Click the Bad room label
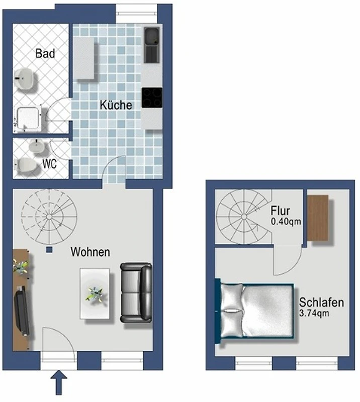tap(45, 53)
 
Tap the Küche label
tap(116, 105)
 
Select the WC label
tap(49, 164)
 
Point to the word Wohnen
tap(91, 252)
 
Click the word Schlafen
tap(321, 303)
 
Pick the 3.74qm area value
tap(314, 313)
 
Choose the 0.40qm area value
tap(286, 221)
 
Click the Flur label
tap(280, 211)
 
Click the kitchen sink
tap(152, 45)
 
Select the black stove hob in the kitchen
tap(152, 97)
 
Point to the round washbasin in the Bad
tap(24, 79)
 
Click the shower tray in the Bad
tap(28, 119)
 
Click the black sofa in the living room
tap(136, 292)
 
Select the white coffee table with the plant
tap(95, 293)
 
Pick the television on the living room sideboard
tap(22, 311)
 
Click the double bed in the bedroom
tap(254, 311)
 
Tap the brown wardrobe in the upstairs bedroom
tap(318, 218)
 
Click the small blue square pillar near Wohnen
tap(49, 250)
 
